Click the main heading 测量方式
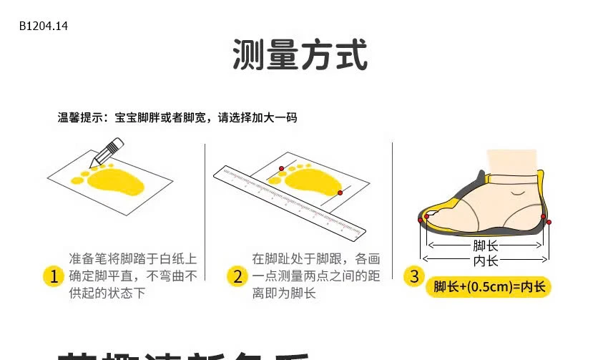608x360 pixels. tap(300, 56)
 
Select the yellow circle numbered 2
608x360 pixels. tap(237, 276)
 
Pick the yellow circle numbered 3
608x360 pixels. tap(414, 276)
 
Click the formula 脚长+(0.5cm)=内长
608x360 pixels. tap(489, 287)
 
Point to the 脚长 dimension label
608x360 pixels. tap(486, 245)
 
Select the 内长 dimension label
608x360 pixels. tap(486, 260)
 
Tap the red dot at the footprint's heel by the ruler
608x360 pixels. tap(340, 193)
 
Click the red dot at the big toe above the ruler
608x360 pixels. tap(282, 168)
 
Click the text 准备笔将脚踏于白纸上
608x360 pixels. tap(133, 259)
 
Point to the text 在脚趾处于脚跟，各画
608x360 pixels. tap(316, 259)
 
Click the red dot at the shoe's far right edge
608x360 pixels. tap(549, 223)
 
